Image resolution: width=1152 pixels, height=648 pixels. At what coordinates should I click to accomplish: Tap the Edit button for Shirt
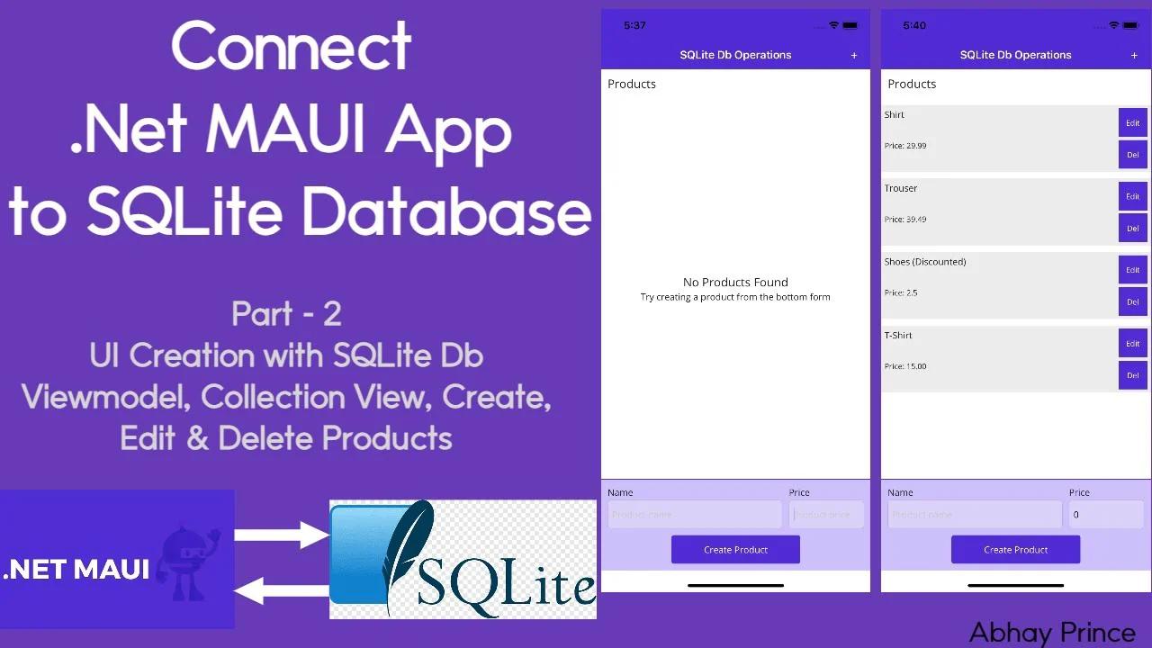(x=1132, y=123)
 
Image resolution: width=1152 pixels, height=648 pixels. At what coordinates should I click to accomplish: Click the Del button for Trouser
(x=1132, y=229)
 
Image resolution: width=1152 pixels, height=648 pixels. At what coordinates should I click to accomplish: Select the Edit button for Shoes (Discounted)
(x=1132, y=270)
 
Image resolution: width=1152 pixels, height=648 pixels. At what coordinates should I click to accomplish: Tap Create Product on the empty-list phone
(x=735, y=550)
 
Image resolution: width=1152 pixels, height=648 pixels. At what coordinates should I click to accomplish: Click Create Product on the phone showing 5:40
(x=1015, y=550)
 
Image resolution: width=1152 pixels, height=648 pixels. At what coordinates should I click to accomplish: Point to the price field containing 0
(x=1105, y=515)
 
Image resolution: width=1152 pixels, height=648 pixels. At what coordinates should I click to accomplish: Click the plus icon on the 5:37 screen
(x=854, y=56)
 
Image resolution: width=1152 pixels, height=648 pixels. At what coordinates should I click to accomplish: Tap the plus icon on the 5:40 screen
(x=1134, y=56)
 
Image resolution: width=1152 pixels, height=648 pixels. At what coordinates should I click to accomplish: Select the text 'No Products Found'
(x=735, y=283)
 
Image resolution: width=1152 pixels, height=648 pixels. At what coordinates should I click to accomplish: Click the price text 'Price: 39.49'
(x=905, y=220)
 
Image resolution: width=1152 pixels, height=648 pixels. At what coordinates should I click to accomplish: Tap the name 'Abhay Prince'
(x=1052, y=633)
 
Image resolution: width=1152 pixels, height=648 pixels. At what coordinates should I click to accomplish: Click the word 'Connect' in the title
(x=291, y=47)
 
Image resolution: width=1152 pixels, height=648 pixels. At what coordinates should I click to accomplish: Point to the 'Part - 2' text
(x=286, y=314)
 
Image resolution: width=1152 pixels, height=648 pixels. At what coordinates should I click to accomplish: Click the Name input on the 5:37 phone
(x=694, y=515)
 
